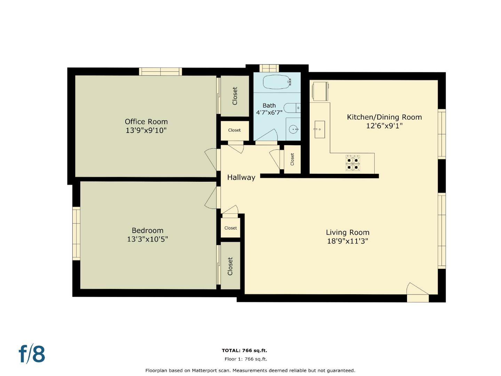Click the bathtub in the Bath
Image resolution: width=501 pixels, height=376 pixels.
tap(276, 82)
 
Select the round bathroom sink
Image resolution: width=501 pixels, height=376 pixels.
tap(294, 130)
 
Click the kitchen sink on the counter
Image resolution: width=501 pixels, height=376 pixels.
tap(319, 129)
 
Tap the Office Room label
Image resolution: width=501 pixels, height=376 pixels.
tap(146, 122)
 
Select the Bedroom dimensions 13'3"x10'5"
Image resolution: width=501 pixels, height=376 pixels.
tap(148, 239)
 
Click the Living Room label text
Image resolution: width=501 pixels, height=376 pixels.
tap(348, 232)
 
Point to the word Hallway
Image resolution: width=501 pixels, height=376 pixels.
tap(241, 177)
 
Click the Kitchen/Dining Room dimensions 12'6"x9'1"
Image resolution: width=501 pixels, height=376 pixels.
tap(384, 126)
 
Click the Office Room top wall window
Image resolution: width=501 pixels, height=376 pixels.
tap(160, 71)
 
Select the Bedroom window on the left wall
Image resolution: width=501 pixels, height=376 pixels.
tap(76, 233)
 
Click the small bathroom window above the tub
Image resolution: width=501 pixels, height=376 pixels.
tap(269, 68)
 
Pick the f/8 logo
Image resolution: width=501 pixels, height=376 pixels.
tap(32, 354)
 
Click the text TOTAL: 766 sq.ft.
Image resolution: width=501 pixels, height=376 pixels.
tap(244, 351)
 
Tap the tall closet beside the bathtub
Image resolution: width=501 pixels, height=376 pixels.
tap(235, 96)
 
